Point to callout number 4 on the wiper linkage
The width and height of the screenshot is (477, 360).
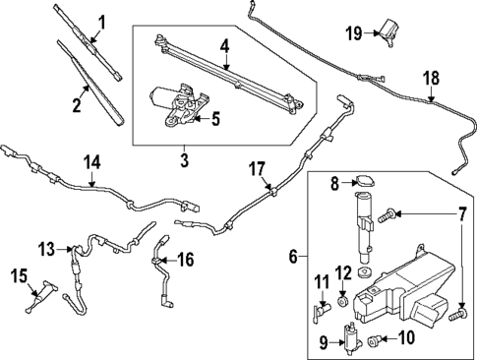coord(224,45)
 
